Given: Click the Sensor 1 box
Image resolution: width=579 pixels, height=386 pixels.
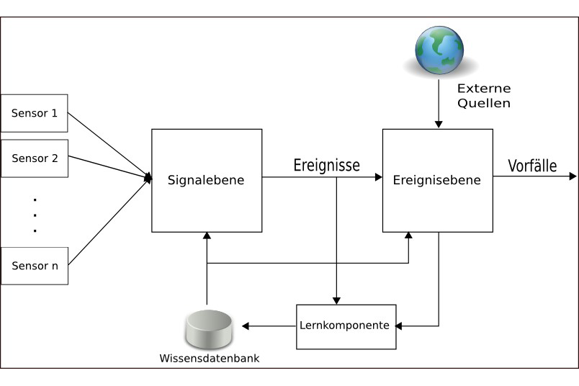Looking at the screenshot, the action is (35, 113).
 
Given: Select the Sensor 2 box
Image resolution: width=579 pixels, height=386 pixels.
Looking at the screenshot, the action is (35, 158).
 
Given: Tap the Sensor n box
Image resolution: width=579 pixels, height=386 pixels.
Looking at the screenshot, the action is (35, 266).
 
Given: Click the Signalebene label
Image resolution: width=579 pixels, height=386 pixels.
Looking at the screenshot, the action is (206, 180).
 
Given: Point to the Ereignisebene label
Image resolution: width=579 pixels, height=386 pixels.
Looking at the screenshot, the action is (437, 180).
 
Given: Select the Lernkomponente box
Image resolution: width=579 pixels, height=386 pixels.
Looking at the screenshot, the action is (346, 326).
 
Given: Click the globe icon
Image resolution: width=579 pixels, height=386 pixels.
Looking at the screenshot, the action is (439, 50).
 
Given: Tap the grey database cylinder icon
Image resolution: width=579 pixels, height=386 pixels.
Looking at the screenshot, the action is (209, 328).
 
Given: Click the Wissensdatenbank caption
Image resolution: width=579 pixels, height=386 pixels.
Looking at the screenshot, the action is (210, 359).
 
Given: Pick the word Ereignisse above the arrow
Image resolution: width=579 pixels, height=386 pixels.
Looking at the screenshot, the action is (327, 165).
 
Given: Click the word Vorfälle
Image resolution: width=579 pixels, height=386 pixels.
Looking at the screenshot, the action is (532, 166).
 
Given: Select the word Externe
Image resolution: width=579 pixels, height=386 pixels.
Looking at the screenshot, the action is (484, 89).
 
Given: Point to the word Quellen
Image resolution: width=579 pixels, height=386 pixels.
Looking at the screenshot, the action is (484, 103).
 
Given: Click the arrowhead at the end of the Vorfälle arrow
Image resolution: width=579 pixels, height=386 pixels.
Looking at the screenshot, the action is (573, 176).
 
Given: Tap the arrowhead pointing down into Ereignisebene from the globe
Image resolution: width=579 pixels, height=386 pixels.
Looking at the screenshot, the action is (439, 124).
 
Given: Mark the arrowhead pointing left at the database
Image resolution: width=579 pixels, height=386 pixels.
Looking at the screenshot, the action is (246, 326).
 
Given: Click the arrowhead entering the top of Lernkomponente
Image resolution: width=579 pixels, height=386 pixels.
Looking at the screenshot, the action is (336, 301).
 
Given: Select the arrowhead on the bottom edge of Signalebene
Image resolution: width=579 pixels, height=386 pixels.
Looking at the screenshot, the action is (207, 235).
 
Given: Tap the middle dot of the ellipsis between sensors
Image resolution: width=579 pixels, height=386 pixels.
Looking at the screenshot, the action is (35, 215).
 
